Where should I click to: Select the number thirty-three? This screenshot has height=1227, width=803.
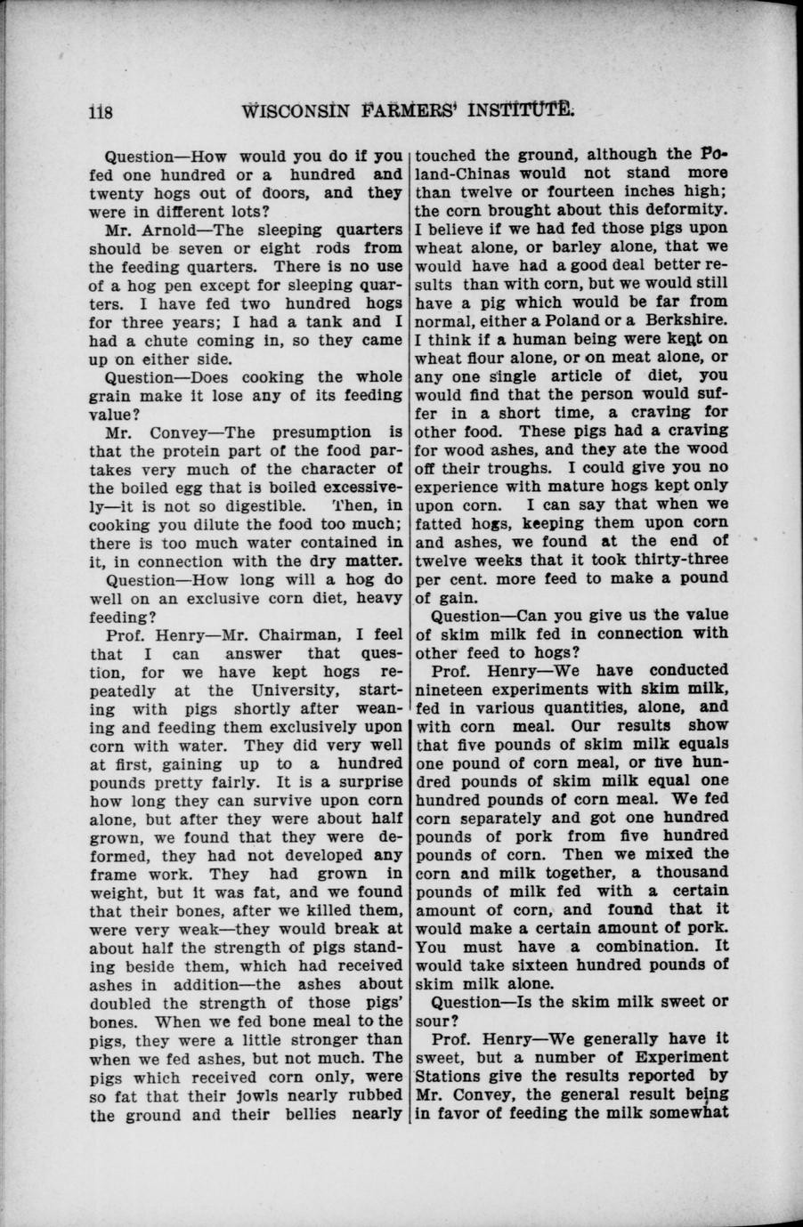tap(680, 559)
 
